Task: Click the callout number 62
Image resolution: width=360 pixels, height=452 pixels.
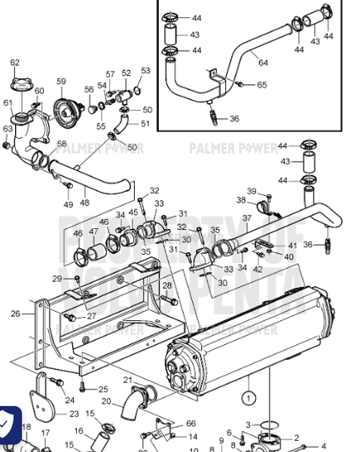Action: tap(15, 63)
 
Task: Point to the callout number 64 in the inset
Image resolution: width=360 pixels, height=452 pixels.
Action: tap(263, 63)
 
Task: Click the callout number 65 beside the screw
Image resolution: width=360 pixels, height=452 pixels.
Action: tap(261, 85)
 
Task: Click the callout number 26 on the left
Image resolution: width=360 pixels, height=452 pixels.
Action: tap(16, 313)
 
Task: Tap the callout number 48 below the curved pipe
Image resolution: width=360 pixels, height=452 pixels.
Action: tap(84, 203)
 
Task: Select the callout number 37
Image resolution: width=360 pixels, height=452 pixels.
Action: tap(246, 218)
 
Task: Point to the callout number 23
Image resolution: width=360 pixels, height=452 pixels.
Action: tap(74, 414)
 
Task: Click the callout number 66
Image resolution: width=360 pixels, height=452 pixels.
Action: tap(191, 423)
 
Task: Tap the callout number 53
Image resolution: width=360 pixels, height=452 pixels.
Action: tap(145, 70)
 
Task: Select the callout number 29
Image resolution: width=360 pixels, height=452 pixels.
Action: tap(57, 279)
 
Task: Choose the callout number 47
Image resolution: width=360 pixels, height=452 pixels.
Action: tap(93, 232)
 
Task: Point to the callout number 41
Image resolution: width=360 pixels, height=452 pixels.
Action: tap(292, 246)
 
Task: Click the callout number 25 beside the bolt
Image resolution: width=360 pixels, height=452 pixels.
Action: tap(103, 389)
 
